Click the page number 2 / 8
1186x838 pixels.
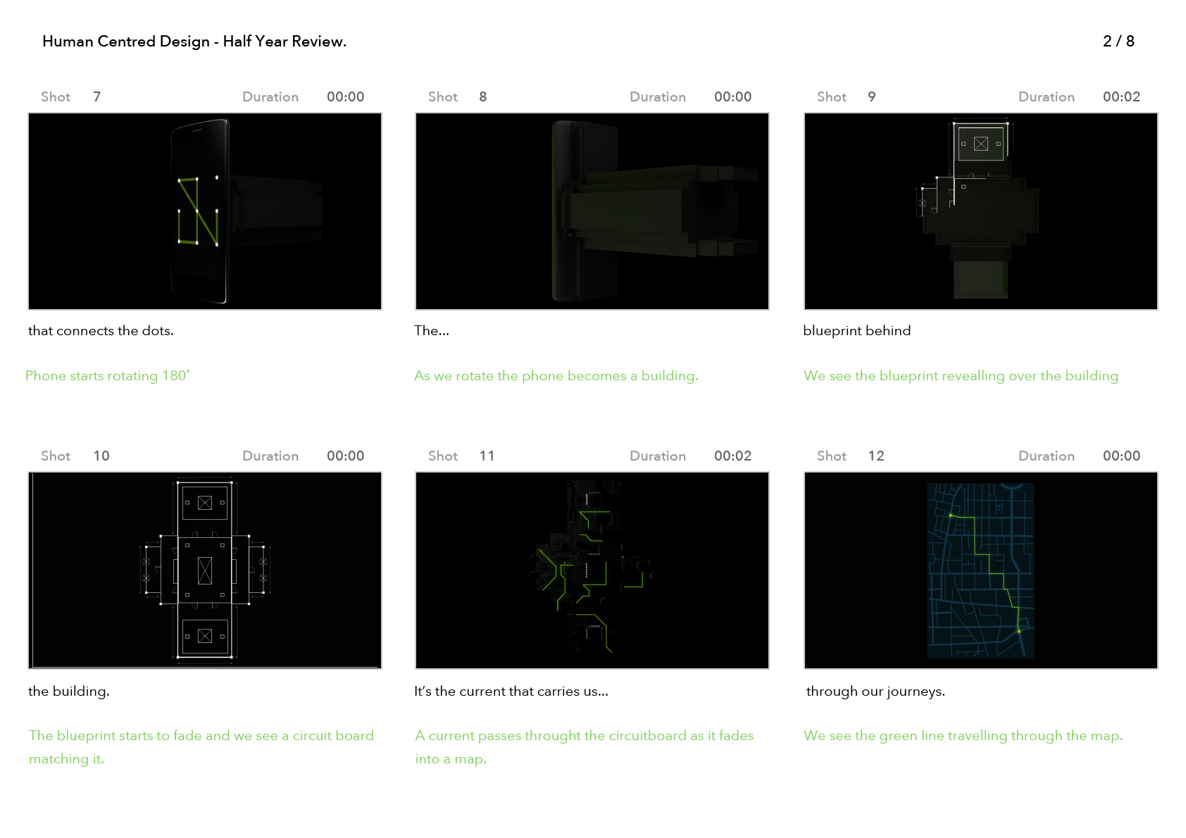1118,42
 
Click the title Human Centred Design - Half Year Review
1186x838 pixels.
194,42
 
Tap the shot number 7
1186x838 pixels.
97,97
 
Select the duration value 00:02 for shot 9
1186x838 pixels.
1121,97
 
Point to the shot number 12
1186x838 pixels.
875,456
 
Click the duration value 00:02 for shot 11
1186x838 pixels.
732,456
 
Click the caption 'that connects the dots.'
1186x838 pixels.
101,331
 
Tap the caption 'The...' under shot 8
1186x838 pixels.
432,331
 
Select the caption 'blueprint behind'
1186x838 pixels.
856,331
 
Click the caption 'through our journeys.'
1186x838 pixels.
875,692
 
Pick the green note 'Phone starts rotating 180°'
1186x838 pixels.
108,375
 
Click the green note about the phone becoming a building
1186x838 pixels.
556,376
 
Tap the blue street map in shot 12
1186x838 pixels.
980,570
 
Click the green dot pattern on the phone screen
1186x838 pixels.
197,211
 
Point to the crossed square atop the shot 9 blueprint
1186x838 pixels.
980,144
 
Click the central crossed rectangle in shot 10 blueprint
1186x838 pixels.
205,570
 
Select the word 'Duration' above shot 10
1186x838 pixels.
270,456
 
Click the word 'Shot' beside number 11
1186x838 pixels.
442,456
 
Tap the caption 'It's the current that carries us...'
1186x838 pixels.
511,692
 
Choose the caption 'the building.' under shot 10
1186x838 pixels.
69,692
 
